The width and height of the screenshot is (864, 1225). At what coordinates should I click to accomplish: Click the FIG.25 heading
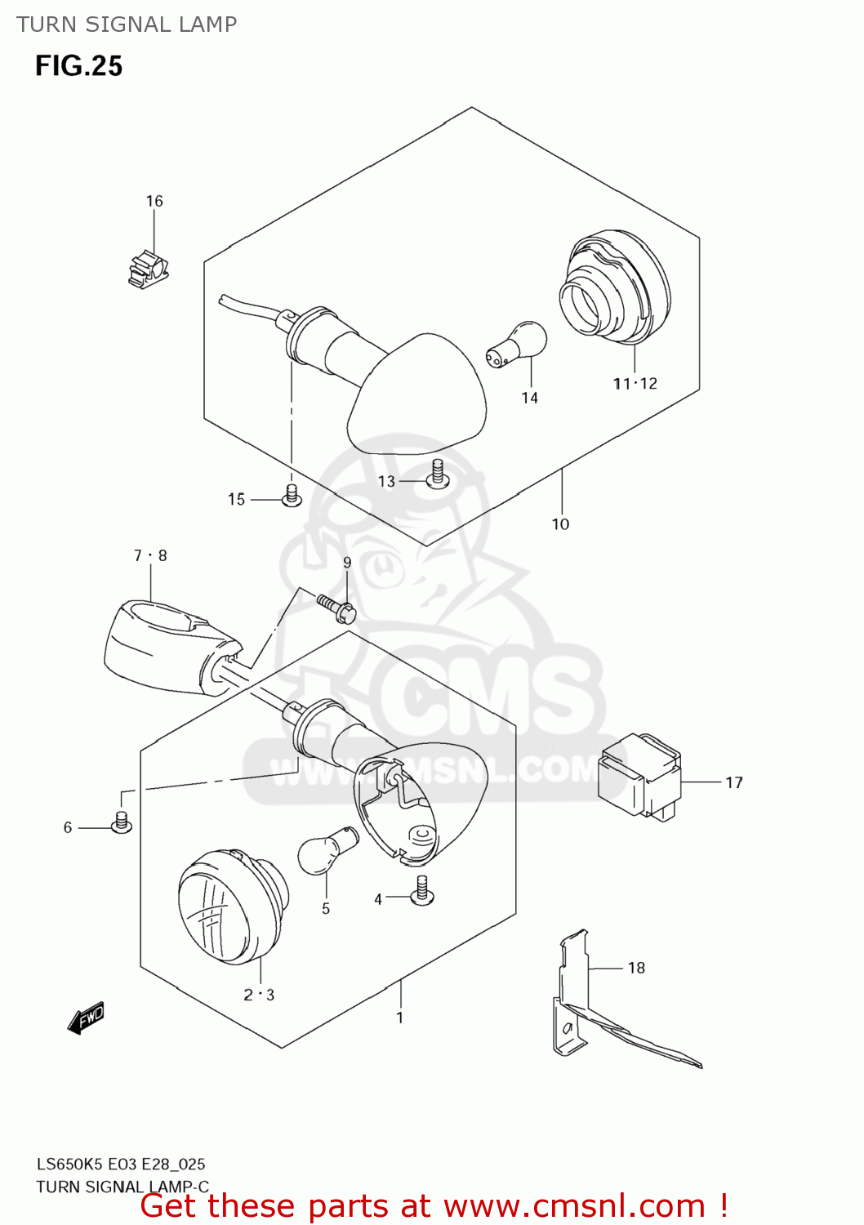pos(78,66)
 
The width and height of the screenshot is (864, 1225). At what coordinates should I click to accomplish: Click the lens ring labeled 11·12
pos(614,287)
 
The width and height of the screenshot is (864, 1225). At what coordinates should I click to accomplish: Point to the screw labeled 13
pos(438,474)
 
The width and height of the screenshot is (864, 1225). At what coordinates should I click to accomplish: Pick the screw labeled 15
pos(292,496)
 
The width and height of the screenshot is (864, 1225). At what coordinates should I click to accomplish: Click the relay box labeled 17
pos(639,777)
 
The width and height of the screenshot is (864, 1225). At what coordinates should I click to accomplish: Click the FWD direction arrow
pos(86,1018)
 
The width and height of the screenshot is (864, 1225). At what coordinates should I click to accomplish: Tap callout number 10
pos(560,524)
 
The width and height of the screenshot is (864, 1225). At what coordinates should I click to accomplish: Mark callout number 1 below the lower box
pos(399,1018)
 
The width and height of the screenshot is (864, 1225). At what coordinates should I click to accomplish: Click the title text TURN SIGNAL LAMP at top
pos(127,24)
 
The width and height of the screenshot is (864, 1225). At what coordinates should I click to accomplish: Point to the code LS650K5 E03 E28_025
pos(120,1165)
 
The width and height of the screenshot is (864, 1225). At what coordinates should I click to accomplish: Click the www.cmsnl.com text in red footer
pos(573,1206)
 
